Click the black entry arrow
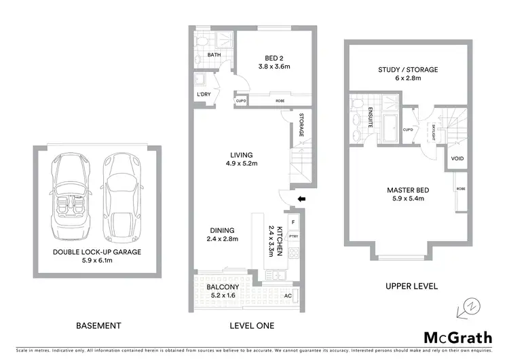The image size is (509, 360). point(303,199)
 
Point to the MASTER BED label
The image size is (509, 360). point(405,190)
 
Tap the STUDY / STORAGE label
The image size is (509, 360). point(408,69)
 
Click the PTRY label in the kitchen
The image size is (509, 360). point(294,236)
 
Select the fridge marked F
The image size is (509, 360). point(293,221)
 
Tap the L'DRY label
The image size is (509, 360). point(203,95)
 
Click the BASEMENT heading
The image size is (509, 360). point(99,326)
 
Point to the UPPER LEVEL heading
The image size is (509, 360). point(405,285)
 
